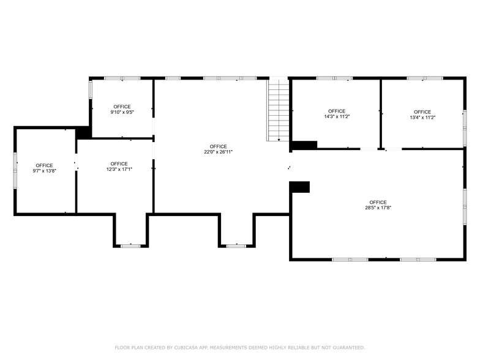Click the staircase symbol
coord(279,110)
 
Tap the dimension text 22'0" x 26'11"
coord(219,152)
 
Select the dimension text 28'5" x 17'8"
coord(378,208)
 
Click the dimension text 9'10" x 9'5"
coord(122,112)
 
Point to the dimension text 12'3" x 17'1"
coord(119,169)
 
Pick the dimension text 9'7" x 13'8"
coord(44,171)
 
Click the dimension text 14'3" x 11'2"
coord(337,116)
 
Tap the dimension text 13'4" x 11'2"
coord(422,116)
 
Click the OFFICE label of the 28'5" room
coord(378,202)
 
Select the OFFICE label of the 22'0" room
coord(219,146)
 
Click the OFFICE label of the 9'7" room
coord(44,165)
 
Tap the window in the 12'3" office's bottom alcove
coord(130,246)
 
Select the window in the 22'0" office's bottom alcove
coord(236,246)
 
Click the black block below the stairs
coord(304,145)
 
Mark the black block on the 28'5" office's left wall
coord(299,187)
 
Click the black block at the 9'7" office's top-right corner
coord(83,132)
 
